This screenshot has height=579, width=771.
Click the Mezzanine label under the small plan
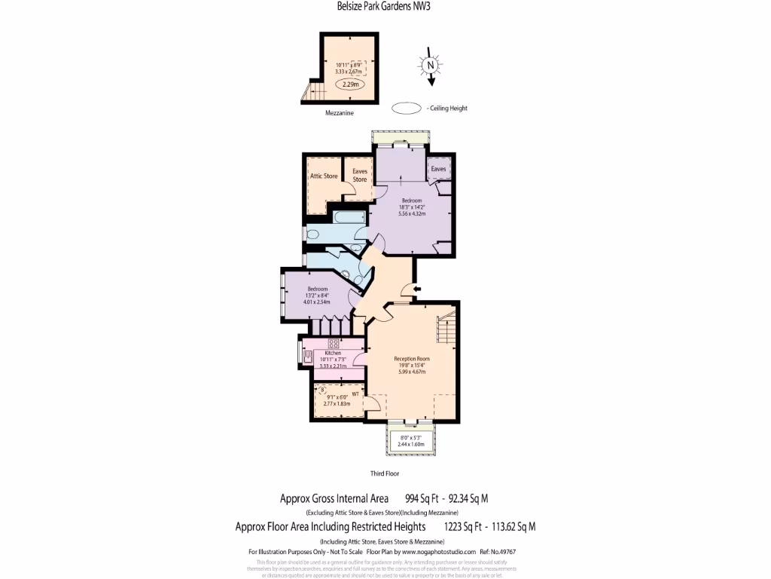point(339,112)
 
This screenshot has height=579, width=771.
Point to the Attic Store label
point(325,176)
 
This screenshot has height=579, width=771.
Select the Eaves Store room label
point(360,176)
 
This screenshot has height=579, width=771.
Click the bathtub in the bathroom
point(347,219)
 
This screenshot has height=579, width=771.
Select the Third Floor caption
point(384,474)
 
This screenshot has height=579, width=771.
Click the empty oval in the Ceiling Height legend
point(407,108)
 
